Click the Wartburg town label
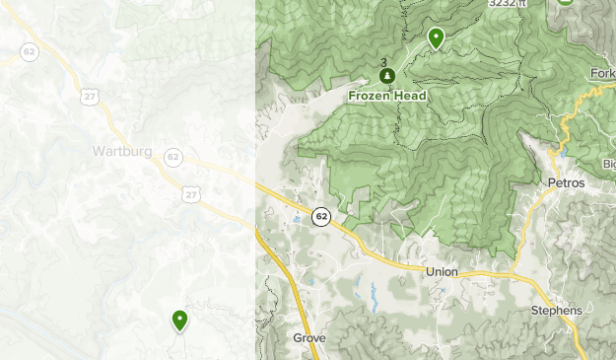pyautogui.click(x=121, y=151)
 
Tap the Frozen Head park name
pyautogui.click(x=386, y=96)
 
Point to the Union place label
pyautogui.click(x=444, y=271)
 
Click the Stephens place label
pyautogui.click(x=556, y=310)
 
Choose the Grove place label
pyautogui.click(x=308, y=337)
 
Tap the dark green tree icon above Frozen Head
pyautogui.click(x=386, y=76)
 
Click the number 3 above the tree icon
pyautogui.click(x=384, y=63)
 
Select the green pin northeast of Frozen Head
pyautogui.click(x=436, y=37)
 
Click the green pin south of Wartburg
pyautogui.click(x=179, y=319)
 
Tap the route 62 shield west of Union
pyautogui.click(x=320, y=216)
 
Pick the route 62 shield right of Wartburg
pyautogui.click(x=173, y=157)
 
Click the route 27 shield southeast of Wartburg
pyautogui.click(x=190, y=195)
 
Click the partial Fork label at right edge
pyautogui.click(x=602, y=73)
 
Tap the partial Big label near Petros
pyautogui.click(x=607, y=164)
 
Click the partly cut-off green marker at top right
pyautogui.click(x=565, y=3)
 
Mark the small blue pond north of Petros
pyautogui.click(x=554, y=154)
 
